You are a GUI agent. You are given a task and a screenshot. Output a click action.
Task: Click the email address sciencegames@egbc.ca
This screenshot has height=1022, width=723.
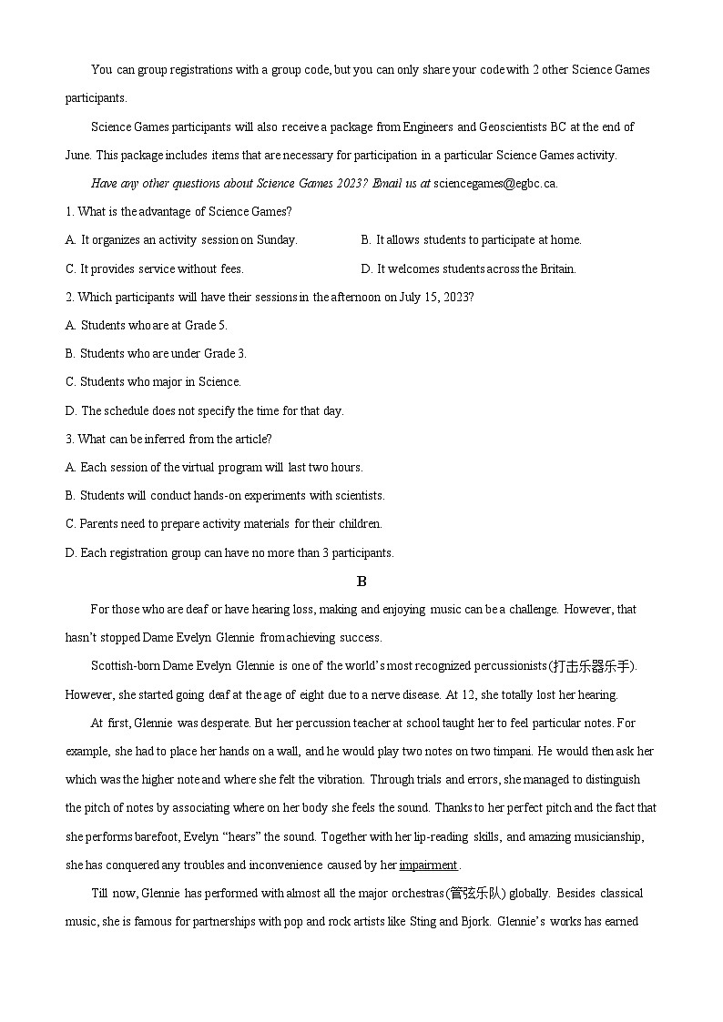pyautogui.click(x=495, y=183)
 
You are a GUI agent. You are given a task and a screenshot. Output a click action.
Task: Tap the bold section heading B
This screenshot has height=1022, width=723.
pyautogui.click(x=361, y=582)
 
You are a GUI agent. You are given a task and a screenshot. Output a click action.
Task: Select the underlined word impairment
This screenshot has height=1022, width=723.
pyautogui.click(x=428, y=865)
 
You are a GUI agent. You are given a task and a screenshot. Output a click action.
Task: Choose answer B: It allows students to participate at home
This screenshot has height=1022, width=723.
pyautogui.click(x=471, y=240)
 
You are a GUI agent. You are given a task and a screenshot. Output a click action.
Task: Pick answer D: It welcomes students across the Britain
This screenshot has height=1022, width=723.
pyautogui.click(x=468, y=268)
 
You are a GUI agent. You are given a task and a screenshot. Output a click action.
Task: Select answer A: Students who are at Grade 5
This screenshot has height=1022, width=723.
pyautogui.click(x=147, y=325)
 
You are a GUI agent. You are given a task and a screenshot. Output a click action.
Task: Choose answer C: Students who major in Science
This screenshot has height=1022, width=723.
pyautogui.click(x=153, y=382)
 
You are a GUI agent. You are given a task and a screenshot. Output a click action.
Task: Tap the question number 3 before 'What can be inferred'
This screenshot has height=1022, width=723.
pyautogui.click(x=68, y=439)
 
